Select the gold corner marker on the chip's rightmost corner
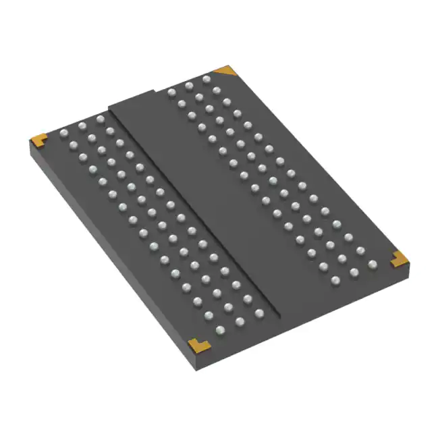399,257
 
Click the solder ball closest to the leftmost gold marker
63,132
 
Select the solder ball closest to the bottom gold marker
220,329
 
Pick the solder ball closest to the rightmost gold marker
372,263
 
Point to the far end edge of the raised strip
135,99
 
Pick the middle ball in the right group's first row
189,84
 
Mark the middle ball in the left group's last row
238,321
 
